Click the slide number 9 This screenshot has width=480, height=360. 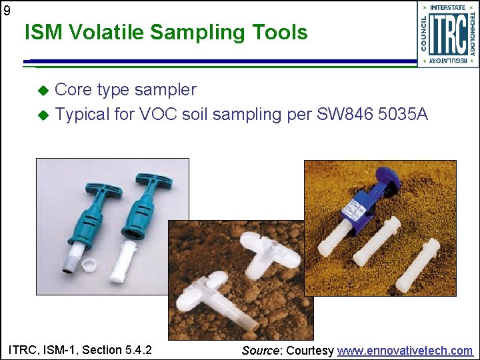pyautogui.click(x=7, y=10)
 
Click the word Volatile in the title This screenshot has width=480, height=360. pyautogui.click(x=107, y=32)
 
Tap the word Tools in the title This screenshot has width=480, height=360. pyautogui.click(x=280, y=32)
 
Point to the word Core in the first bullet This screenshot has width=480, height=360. pyautogui.click(x=73, y=90)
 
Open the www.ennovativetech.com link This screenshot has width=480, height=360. pyautogui.click(x=405, y=351)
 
